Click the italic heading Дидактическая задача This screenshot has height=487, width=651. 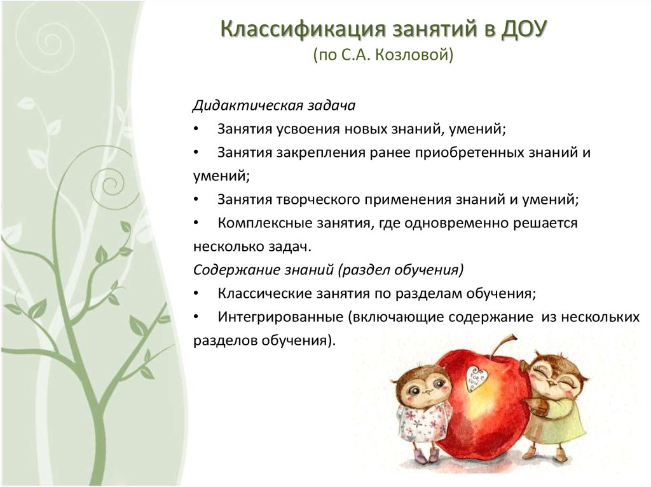coord(274,105)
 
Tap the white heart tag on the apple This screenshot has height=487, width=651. coord(472,378)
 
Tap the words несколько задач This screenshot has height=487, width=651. coord(252,247)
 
